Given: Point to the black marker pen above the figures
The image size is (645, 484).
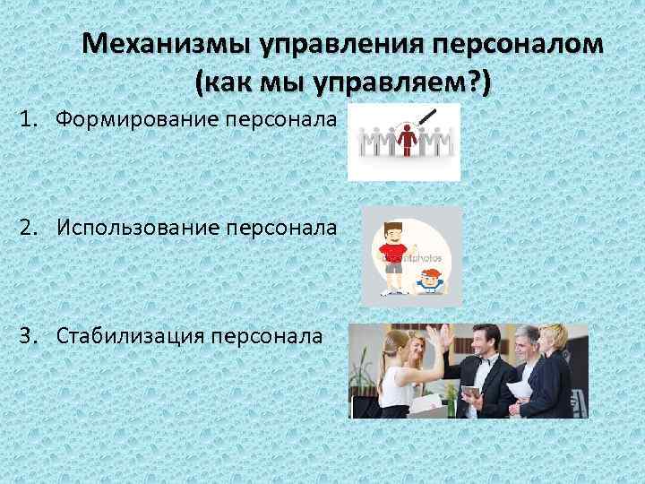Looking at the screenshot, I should [x=429, y=118].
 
